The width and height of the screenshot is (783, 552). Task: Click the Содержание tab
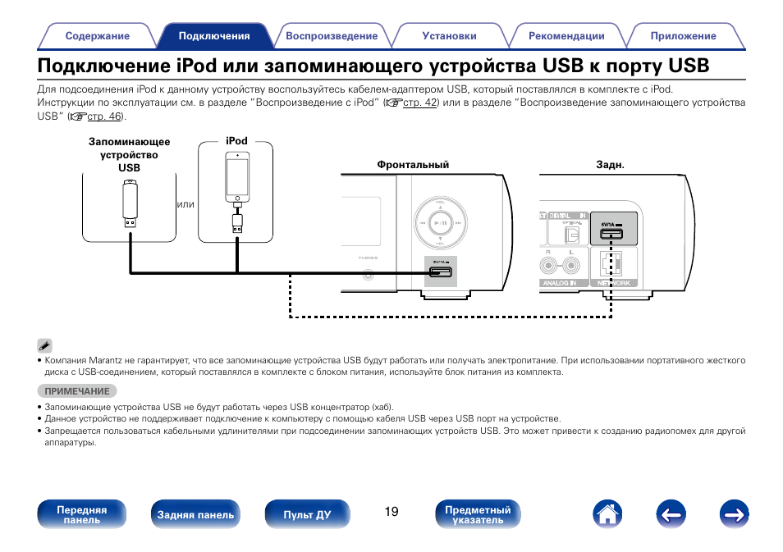coord(98,36)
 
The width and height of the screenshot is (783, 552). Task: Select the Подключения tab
coord(214,36)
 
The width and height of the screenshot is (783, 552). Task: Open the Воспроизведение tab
coord(332,36)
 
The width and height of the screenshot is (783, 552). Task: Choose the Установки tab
coord(449,36)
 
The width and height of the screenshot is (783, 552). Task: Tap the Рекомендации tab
coord(566,36)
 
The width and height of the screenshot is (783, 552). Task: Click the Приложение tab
coord(683,36)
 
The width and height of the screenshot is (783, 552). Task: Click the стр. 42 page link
coord(419,103)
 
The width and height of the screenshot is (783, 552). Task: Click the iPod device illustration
coord(236,180)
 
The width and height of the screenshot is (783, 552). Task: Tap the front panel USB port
coord(440,271)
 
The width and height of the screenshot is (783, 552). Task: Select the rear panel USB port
coord(611,234)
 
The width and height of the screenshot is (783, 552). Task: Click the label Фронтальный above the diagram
coord(413,165)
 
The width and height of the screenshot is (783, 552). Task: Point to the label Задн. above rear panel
coord(610,165)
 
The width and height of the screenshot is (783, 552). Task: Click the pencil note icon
coord(44,345)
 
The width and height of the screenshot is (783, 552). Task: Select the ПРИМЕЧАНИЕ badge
coord(77,391)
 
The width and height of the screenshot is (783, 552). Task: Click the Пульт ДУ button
coord(307,515)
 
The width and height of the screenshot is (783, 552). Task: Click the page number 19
coord(391,512)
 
